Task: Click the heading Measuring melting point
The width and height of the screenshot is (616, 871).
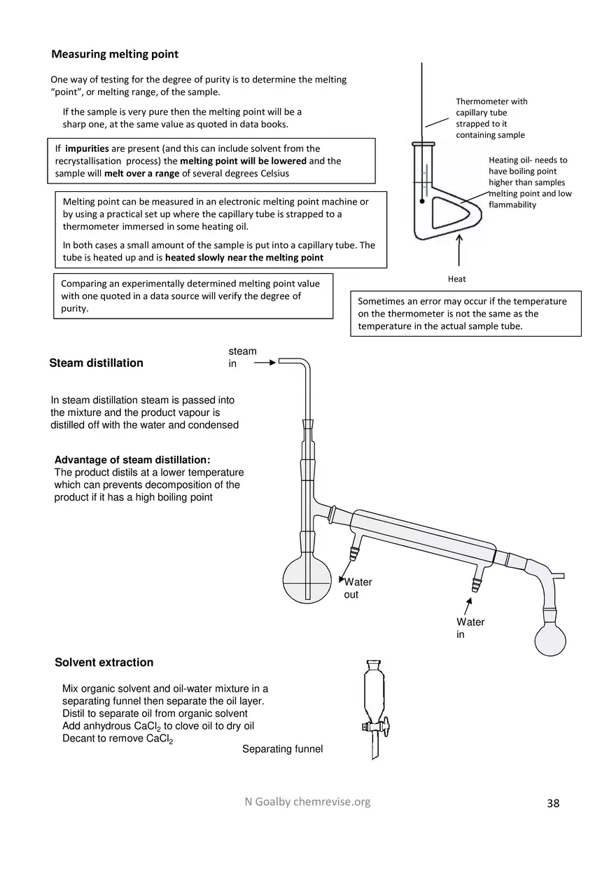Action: pos(115,55)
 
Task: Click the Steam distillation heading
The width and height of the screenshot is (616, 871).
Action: pos(96,363)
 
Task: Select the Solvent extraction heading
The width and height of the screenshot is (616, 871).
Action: pos(104,662)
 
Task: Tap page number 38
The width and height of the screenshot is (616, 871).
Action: pos(553,803)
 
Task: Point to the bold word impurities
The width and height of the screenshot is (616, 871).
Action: pos(87,148)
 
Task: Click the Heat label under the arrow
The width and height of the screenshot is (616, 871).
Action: pos(456,279)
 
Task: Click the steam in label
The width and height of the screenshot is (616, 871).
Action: pos(242,357)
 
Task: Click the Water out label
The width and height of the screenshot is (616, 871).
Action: pos(358,588)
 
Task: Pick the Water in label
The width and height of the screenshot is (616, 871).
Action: pos(470,628)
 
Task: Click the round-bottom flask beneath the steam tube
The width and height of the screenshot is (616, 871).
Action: pos(307,581)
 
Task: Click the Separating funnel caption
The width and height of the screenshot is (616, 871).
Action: pos(282,749)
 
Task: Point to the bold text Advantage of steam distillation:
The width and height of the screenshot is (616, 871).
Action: pos(132,460)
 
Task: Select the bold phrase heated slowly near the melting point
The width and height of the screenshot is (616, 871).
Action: pos(244,258)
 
